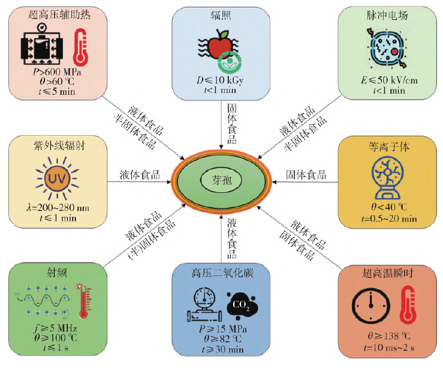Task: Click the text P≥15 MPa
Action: (x=221, y=330)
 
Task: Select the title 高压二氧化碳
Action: (x=221, y=273)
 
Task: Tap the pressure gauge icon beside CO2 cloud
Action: (x=203, y=304)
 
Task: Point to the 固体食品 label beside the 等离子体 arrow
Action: (x=306, y=175)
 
